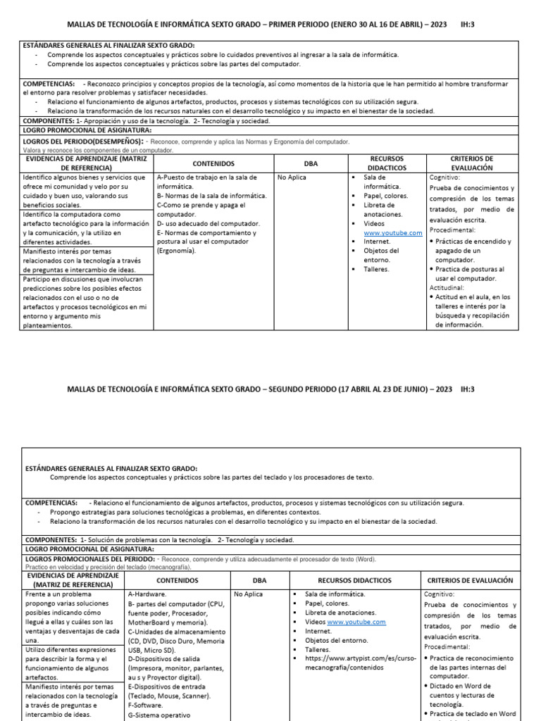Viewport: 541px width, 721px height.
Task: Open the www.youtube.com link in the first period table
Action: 392,232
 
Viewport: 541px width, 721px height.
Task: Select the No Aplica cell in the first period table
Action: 292,177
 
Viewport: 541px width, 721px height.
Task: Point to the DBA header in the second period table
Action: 258,580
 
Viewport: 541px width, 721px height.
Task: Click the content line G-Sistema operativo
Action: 159,715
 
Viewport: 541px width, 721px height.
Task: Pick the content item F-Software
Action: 146,705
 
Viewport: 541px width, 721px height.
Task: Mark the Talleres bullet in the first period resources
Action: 377,269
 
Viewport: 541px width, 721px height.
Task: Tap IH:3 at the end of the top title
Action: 468,25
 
